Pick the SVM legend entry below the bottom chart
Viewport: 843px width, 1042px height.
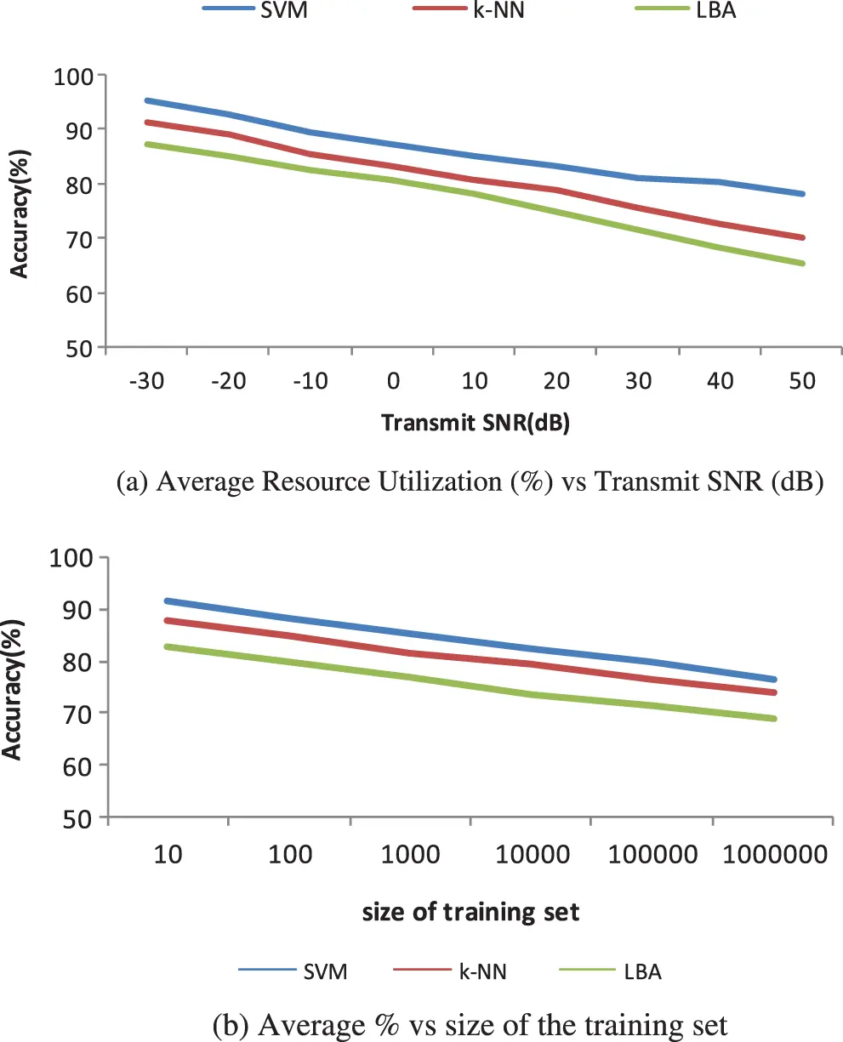point(327,971)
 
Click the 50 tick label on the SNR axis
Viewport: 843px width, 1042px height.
point(800,380)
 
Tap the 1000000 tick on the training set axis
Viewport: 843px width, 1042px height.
point(775,853)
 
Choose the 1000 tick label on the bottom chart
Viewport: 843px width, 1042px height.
point(410,853)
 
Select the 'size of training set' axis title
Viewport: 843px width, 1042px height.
point(470,913)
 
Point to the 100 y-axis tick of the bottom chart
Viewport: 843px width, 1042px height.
point(78,558)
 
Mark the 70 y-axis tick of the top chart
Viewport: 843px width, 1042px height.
point(78,238)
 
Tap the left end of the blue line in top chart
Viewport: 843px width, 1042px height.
point(146,100)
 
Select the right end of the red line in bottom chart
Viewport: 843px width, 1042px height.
point(775,692)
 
